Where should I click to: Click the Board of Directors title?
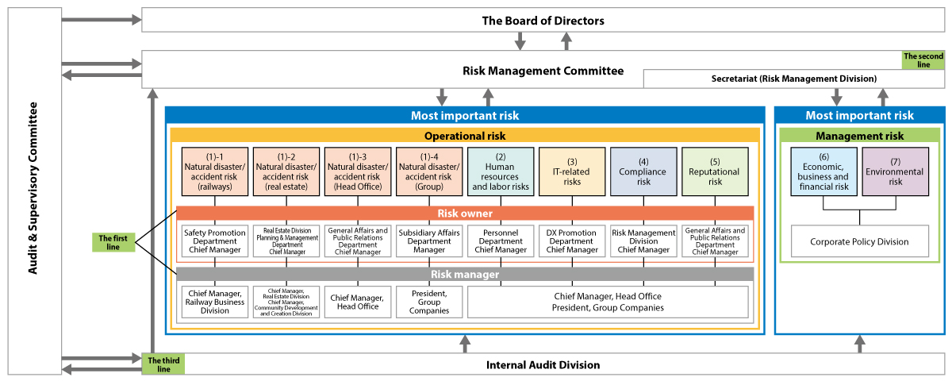543,21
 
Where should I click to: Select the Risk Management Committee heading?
543,71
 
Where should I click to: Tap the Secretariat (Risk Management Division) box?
793,79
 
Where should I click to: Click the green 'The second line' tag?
923,60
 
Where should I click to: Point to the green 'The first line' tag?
113,241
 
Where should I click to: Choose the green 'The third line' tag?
163,364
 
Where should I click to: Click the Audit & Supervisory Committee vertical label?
34,190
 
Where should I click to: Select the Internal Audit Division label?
543,365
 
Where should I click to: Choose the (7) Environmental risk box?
895,171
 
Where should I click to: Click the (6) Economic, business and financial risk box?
823,171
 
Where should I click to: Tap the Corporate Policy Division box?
859,241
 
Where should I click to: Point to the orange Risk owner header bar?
464,214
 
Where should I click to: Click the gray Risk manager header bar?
464,275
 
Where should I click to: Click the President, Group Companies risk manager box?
428,302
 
